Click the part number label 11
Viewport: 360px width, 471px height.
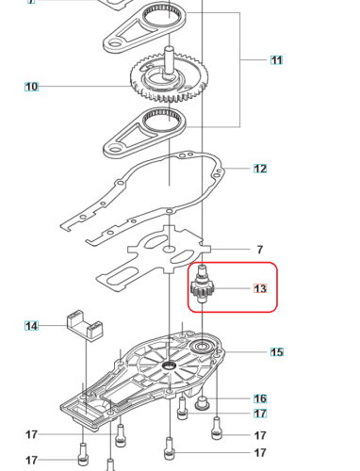coord(276,60)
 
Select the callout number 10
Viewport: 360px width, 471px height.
coord(31,87)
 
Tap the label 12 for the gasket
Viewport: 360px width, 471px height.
coord(260,169)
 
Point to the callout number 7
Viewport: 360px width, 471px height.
coord(260,250)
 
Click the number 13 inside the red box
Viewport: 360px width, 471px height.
coord(261,288)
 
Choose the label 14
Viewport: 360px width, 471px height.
coord(31,325)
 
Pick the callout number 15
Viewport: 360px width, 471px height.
coord(276,352)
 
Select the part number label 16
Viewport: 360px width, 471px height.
coord(260,398)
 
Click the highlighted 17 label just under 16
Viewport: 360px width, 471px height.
coord(260,413)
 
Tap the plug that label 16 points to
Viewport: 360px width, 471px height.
coord(202,402)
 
